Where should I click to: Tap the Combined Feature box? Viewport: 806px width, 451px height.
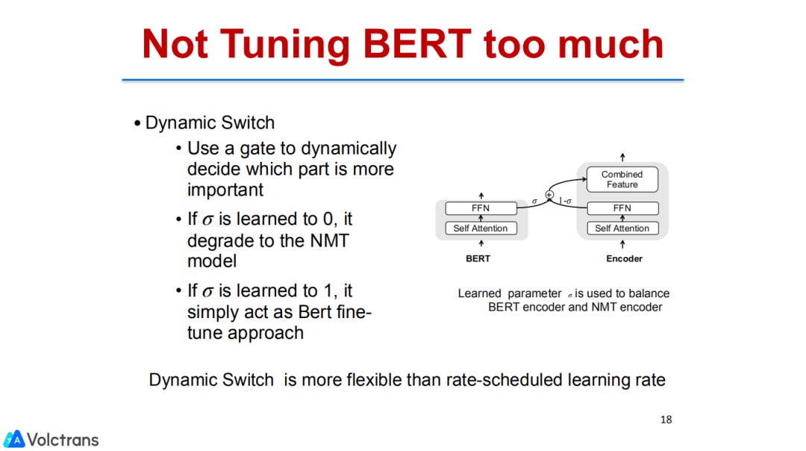[622, 179]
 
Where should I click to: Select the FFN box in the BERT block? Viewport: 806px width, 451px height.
[481, 208]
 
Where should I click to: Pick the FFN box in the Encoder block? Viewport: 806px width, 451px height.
[622, 208]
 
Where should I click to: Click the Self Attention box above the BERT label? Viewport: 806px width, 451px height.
[481, 228]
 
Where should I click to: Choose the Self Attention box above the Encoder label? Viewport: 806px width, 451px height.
[622, 228]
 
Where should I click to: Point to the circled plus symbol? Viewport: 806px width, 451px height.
[549, 195]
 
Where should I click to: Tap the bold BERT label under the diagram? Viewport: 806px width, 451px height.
[478, 258]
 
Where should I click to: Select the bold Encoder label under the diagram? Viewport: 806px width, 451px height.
[624, 258]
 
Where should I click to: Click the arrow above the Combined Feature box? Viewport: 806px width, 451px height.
[622, 157]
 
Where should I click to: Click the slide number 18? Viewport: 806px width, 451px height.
[666, 420]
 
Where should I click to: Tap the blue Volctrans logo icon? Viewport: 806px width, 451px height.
[14, 439]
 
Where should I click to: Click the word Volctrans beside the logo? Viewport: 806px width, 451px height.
[63, 439]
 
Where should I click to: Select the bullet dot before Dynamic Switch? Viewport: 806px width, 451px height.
[137, 124]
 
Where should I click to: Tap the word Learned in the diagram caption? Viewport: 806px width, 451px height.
[479, 293]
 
